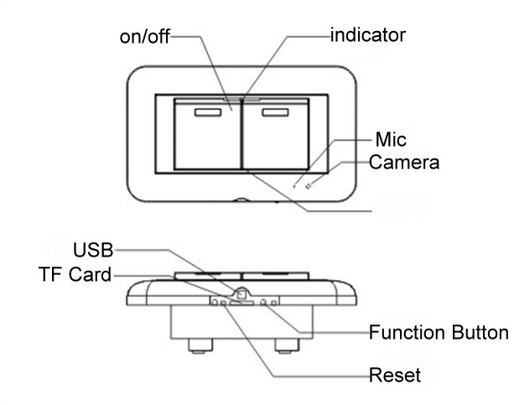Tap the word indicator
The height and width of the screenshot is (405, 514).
pos(368,34)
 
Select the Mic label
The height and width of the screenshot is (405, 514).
pos(391,140)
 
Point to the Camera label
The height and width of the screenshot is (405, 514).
pos(404,162)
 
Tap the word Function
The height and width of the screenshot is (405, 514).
pos(410,333)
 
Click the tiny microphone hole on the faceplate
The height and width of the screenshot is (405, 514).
pos(294,182)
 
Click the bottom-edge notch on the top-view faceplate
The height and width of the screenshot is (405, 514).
pos(241,200)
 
